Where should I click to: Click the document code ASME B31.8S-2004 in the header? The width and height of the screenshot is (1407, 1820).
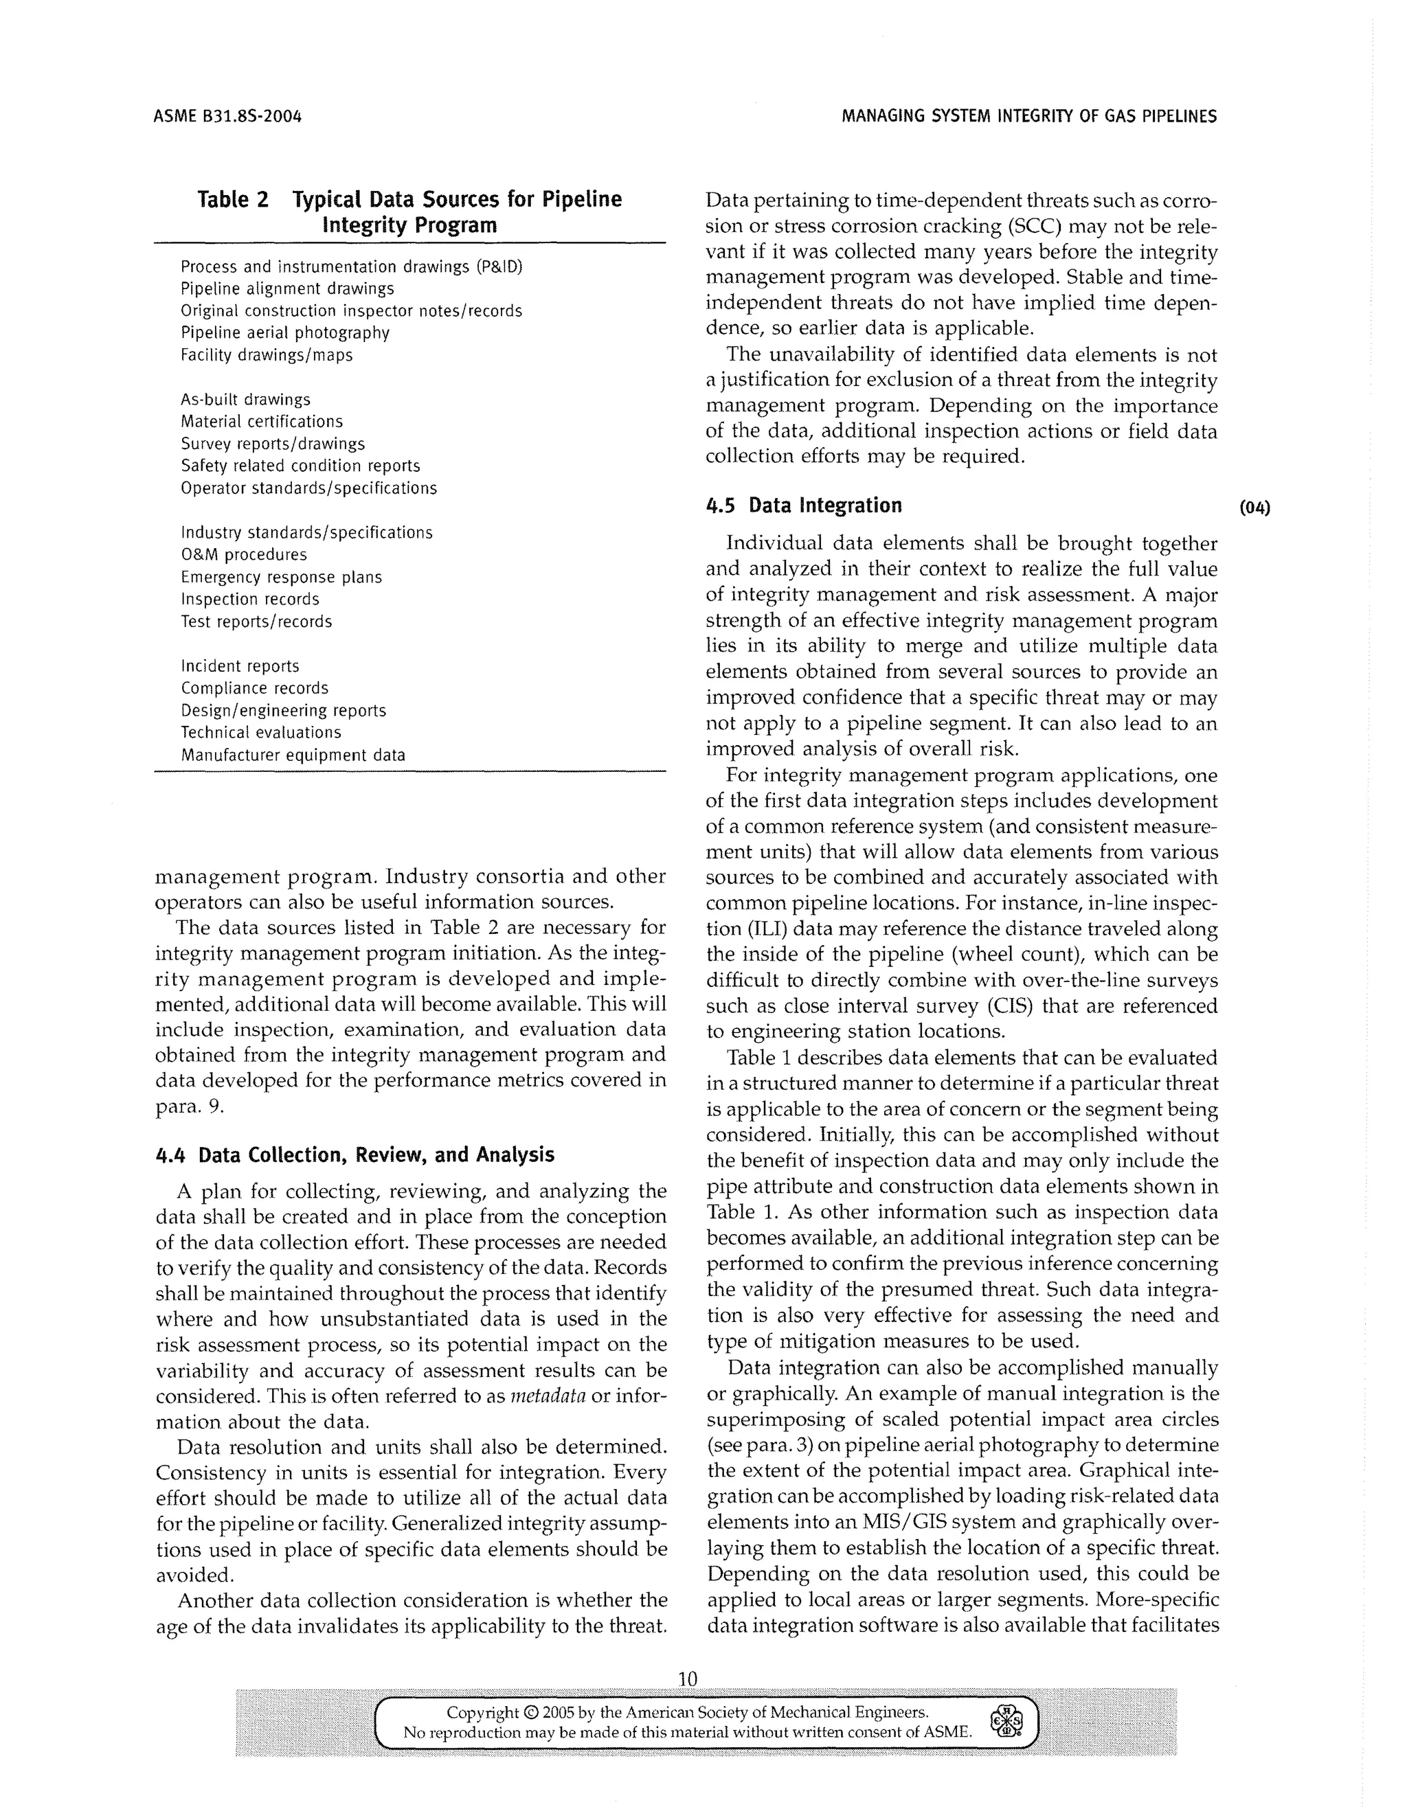click(227, 117)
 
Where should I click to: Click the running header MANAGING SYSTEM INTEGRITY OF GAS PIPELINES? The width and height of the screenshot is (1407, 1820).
click(1028, 117)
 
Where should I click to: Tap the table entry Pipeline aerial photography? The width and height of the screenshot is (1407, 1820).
click(285, 332)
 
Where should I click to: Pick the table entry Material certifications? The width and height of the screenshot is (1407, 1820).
click(262, 422)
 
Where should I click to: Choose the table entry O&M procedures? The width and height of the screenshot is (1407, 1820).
click(243, 555)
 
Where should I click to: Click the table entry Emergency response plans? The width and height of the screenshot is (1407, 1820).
click(281, 578)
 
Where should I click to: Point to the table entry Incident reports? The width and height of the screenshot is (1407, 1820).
click(240, 666)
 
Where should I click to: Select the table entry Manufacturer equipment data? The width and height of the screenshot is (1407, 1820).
click(293, 755)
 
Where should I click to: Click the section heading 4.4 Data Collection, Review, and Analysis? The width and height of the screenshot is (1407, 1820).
click(354, 1154)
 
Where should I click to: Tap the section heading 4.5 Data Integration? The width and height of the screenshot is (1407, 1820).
click(804, 506)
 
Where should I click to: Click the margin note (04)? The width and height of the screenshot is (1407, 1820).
click(1255, 508)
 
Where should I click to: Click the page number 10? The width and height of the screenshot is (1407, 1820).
click(687, 1679)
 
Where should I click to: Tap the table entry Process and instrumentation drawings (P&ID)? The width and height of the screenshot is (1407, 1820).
click(351, 266)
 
